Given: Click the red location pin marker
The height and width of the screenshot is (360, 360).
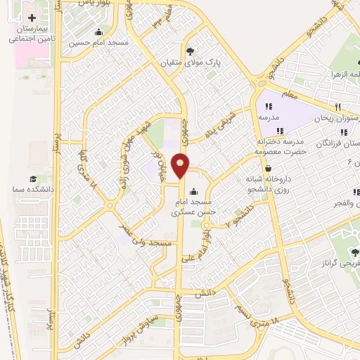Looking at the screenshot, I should (181, 165).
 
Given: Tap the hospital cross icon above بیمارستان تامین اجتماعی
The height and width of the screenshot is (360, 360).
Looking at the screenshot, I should (32, 16).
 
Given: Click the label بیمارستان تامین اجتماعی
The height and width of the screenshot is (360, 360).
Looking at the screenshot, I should (32, 34).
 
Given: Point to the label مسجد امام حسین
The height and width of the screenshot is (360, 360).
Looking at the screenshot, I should (98, 43).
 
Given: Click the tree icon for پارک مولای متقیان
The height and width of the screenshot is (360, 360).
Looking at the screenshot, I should (191, 51).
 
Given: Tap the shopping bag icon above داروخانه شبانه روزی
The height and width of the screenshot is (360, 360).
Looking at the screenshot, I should (269, 168).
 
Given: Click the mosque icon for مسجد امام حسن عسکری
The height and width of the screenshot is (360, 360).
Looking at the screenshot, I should (194, 192).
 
